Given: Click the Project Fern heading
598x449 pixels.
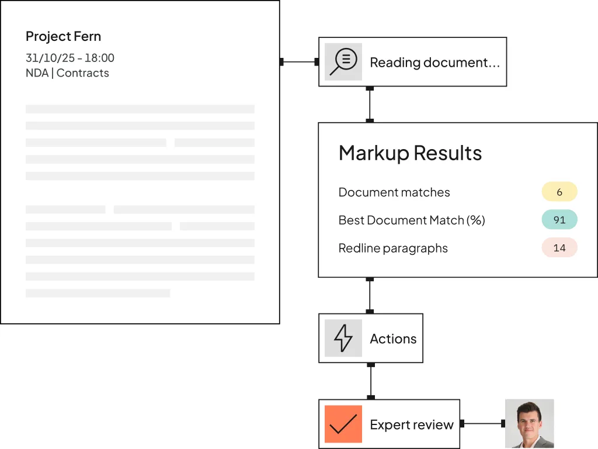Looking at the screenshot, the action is click(63, 37).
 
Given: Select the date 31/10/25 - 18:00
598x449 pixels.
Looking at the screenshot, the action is click(70, 58).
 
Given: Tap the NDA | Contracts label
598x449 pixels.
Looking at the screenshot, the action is click(67, 73).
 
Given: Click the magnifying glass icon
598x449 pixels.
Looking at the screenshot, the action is click(343, 61).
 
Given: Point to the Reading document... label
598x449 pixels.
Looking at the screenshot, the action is click(434, 62).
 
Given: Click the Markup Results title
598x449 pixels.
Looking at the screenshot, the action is click(410, 153).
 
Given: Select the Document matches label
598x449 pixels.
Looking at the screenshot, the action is click(394, 192).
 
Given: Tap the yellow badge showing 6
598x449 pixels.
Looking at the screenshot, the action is click(559, 192).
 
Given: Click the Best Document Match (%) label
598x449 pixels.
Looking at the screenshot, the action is click(412, 220).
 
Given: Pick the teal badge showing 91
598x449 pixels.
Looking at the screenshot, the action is click(559, 220).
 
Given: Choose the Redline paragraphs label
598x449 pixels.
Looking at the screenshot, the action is click(393, 248).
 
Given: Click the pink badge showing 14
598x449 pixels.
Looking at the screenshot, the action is click(559, 248).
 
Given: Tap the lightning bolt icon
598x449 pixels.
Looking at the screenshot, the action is click(343, 338).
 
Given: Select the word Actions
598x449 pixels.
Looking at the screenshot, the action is click(393, 339).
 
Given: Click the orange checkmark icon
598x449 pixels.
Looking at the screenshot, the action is click(343, 424).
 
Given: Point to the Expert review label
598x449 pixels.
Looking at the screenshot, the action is click(412, 424).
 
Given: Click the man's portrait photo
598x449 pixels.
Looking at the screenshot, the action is click(529, 423).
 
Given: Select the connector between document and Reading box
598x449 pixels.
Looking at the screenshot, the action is click(300, 61).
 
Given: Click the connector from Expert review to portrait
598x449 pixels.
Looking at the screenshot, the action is click(482, 423).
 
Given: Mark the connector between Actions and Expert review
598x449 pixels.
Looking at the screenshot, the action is click(371, 381).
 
